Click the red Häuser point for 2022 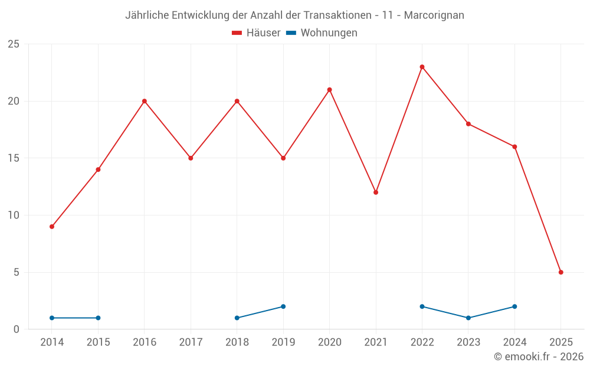[x=422, y=67]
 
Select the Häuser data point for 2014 [x=52, y=227]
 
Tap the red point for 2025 [x=560, y=272]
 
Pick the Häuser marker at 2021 [x=376, y=192]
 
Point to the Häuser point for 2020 [x=329, y=90]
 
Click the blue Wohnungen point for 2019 [x=283, y=306]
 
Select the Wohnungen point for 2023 [x=468, y=318]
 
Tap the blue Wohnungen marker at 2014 [x=52, y=318]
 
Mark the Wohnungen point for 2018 [x=237, y=318]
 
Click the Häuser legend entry [x=257, y=33]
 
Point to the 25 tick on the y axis [x=14, y=44]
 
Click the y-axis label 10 [x=14, y=215]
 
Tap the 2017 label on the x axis [x=191, y=342]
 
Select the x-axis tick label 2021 [x=376, y=342]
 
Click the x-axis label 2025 [x=560, y=342]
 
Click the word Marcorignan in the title [x=434, y=15]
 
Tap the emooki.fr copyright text [x=539, y=357]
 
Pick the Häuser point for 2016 [x=145, y=101]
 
